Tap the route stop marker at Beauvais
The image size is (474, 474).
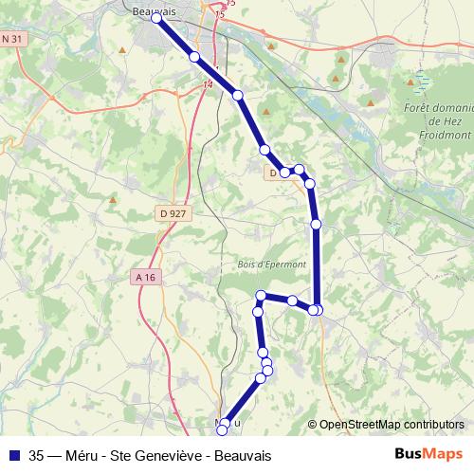click(x=157, y=17)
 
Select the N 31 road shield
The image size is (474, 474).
click(x=12, y=38)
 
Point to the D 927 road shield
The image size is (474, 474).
click(x=173, y=214)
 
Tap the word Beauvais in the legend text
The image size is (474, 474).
click(x=243, y=454)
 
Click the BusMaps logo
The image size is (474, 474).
click(x=428, y=453)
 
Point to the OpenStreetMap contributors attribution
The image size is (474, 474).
click(x=391, y=424)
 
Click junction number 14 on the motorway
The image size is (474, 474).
click(x=208, y=85)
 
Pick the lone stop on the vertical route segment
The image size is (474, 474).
click(x=317, y=224)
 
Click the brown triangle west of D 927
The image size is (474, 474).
click(x=113, y=200)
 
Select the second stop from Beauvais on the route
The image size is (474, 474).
click(x=195, y=57)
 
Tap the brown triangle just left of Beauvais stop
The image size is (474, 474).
click(x=126, y=44)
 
